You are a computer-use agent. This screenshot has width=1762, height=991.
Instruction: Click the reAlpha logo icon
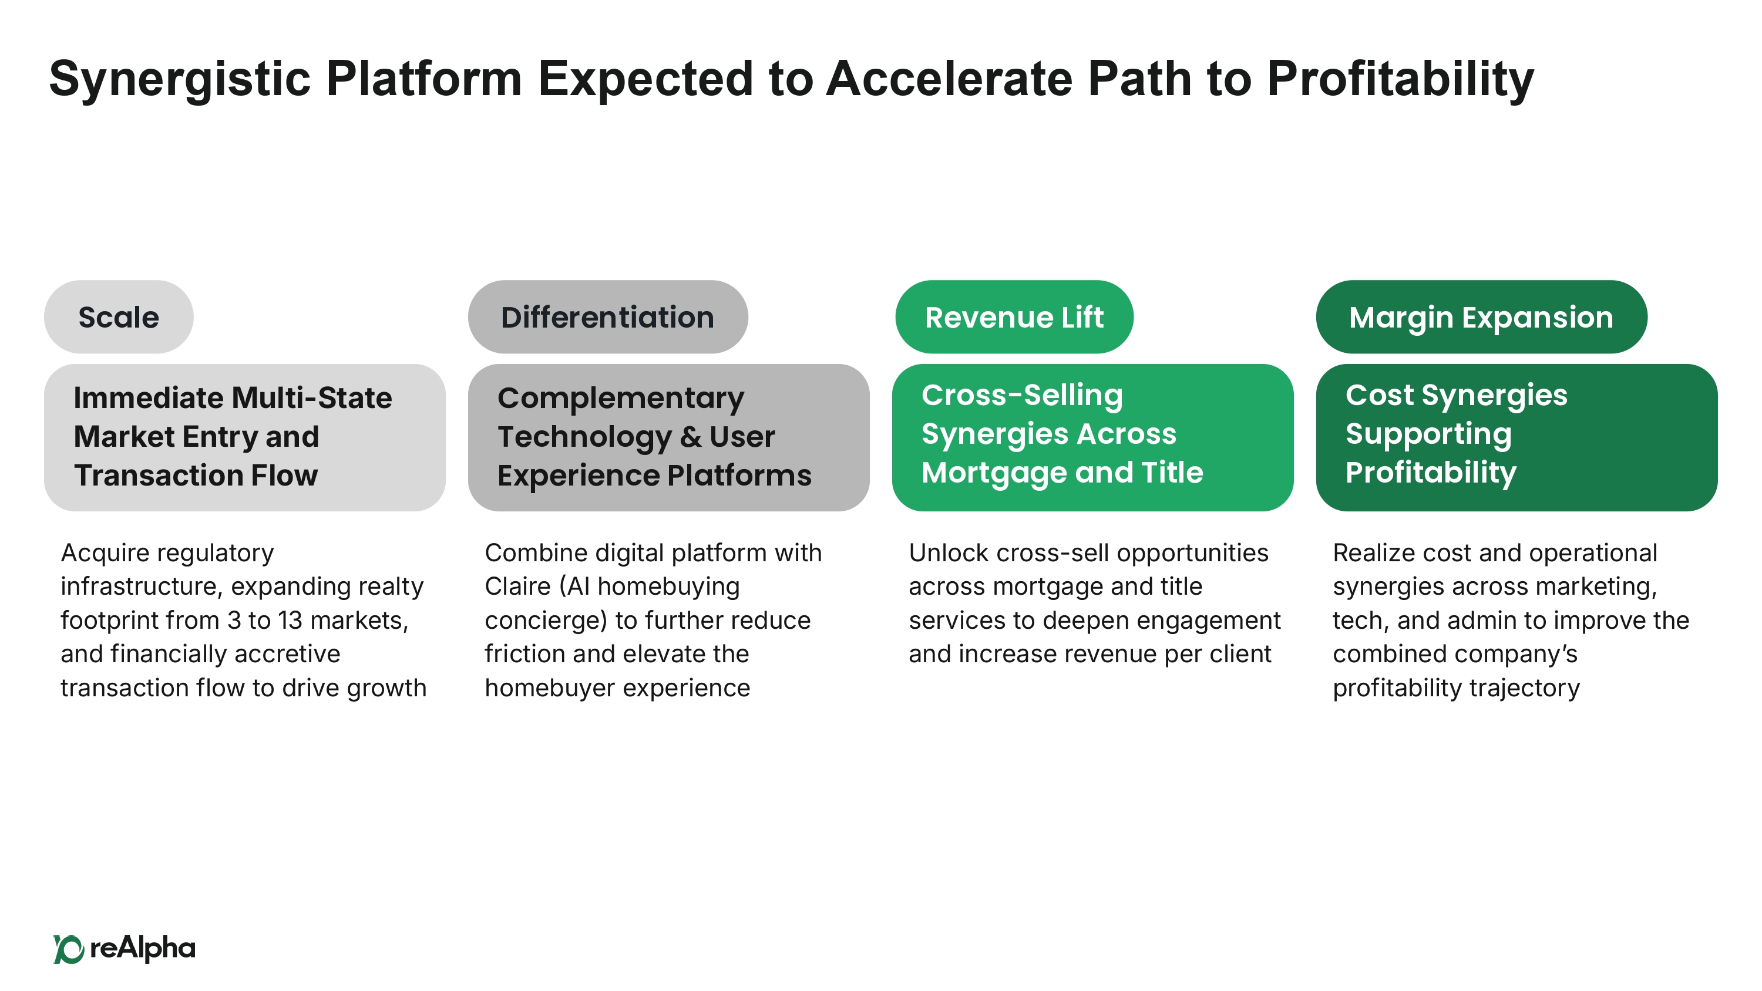coord(68,949)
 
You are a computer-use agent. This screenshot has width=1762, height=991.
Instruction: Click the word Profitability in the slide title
coord(1400,79)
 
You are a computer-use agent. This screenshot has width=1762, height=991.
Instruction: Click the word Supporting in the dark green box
coord(1428,435)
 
